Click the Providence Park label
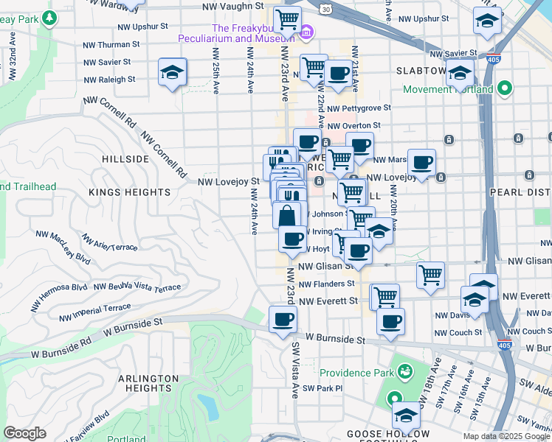[357, 373]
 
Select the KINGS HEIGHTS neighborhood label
[130, 192]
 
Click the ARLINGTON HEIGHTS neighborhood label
[148, 383]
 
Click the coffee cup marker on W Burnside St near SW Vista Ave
[283, 320]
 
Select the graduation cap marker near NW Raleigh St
[172, 73]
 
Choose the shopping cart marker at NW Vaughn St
[287, 18]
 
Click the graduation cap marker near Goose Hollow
[405, 416]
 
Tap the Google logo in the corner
[24, 433]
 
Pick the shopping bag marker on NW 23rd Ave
[288, 216]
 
